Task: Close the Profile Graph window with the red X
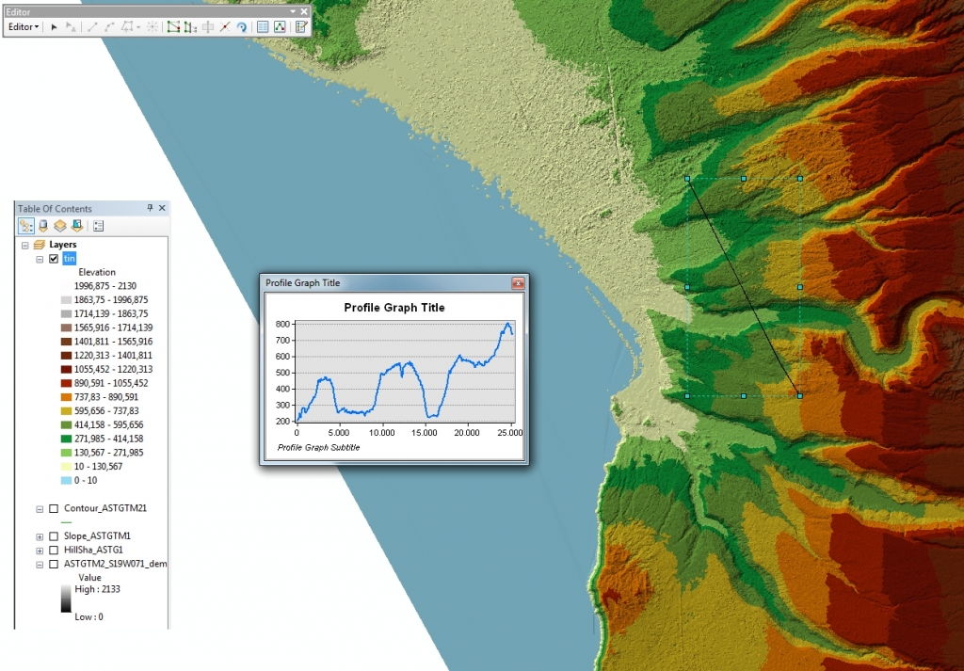coord(517,282)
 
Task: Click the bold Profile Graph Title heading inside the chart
coord(394,308)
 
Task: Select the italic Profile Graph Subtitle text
coord(318,448)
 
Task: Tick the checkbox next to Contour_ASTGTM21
coord(54,508)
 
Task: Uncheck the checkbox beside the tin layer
coord(54,259)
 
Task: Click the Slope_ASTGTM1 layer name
coord(94,535)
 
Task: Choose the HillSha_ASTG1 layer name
coord(93,550)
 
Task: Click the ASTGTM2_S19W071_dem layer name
coord(114,564)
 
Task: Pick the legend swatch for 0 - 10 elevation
coord(67,481)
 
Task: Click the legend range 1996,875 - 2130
coord(105,286)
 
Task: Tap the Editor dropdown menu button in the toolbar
coord(24,27)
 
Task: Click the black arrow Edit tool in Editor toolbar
coord(53,27)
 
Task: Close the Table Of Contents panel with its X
coord(162,208)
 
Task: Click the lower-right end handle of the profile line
coord(799,396)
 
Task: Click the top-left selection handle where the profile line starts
coord(688,178)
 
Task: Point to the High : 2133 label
coord(98,589)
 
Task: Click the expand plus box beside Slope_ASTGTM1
coord(40,535)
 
